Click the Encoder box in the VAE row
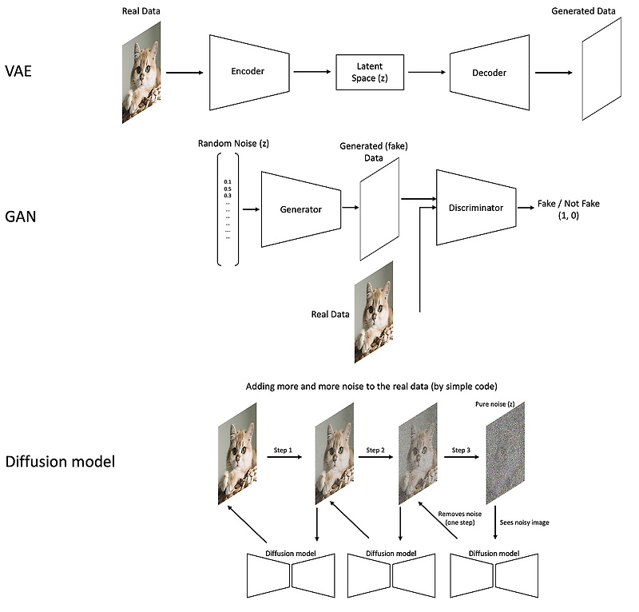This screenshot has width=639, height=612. point(248,72)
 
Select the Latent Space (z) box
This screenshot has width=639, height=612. point(370,73)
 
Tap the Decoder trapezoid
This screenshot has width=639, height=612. point(489,73)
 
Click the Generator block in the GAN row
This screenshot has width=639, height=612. point(300,209)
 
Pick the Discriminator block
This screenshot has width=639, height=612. point(475,208)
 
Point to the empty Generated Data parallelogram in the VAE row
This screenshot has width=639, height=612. point(601,72)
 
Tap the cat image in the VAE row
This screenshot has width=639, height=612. point(141,72)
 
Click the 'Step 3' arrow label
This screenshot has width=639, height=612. point(461,451)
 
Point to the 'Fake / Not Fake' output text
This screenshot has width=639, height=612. point(568,204)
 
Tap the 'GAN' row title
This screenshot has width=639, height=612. point(22,216)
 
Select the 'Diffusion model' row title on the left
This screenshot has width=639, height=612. point(61,462)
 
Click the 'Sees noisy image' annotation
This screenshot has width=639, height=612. point(523,523)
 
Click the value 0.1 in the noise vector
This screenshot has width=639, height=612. point(228,182)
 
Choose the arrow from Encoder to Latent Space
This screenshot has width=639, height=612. point(314,72)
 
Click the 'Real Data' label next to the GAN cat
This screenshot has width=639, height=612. point(331,314)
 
